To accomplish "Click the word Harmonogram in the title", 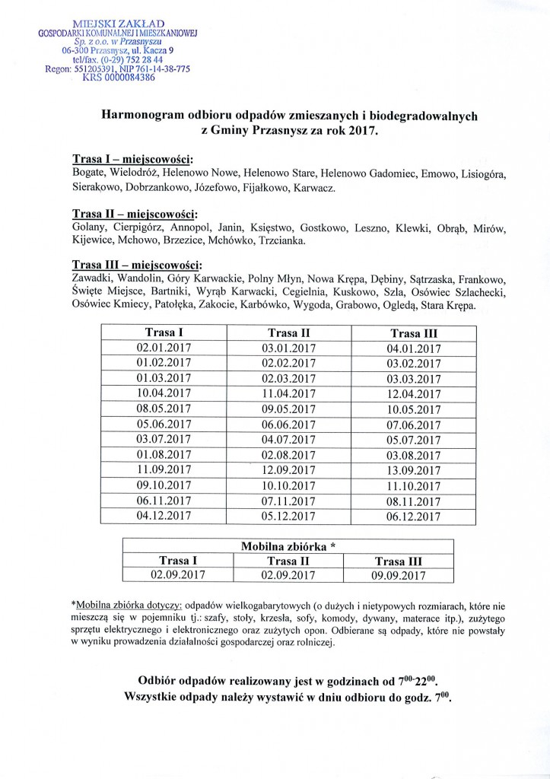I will (x=141, y=115).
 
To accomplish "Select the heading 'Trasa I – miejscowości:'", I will (x=132, y=159).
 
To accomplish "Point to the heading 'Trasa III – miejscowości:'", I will (x=137, y=265).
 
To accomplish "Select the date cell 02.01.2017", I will (x=164, y=348).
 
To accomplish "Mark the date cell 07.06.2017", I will (x=414, y=424).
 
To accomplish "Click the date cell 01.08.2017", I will (x=164, y=455).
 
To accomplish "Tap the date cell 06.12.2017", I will (x=414, y=517).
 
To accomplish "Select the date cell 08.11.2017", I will (x=414, y=501).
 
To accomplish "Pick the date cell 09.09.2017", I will (x=399, y=576).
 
